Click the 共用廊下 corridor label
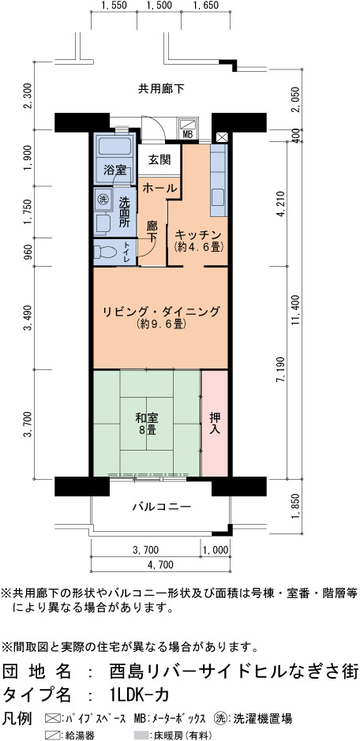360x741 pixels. (x=161, y=88)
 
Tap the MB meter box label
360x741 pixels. (x=188, y=134)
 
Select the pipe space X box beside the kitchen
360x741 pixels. (x=222, y=137)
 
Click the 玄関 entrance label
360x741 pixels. (x=158, y=159)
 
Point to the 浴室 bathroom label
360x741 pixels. (x=114, y=170)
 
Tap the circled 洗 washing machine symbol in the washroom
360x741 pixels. (x=103, y=199)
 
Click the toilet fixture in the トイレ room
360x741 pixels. (x=105, y=250)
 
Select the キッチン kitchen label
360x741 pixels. (x=198, y=234)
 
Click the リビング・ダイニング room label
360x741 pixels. (x=161, y=312)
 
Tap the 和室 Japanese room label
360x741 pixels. (x=147, y=418)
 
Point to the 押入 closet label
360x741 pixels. (x=215, y=424)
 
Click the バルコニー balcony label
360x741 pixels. (x=161, y=507)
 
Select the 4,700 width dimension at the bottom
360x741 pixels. (x=160, y=564)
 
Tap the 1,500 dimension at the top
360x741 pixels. (x=159, y=6)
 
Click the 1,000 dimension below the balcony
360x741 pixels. (x=216, y=550)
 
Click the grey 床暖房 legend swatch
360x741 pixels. (x=141, y=735)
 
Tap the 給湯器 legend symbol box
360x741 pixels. (x=51, y=735)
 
